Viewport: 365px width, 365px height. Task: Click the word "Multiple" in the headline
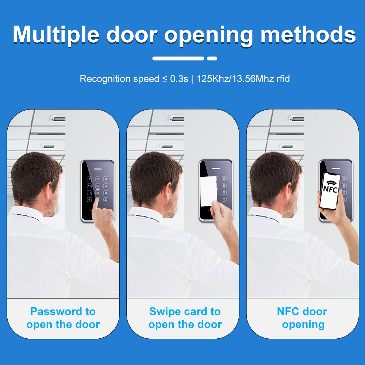click(x=56, y=35)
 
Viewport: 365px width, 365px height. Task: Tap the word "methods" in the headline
click(x=308, y=35)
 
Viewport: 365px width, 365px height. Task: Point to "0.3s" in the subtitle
click(x=179, y=79)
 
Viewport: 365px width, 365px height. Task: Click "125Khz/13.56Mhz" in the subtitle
click(x=235, y=79)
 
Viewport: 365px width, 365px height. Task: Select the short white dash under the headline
click(x=212, y=58)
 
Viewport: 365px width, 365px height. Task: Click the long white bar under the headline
click(x=178, y=58)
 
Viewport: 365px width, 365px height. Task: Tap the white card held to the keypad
click(x=208, y=191)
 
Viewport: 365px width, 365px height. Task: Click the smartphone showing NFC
click(x=330, y=191)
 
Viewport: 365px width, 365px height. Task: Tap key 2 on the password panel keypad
click(x=97, y=179)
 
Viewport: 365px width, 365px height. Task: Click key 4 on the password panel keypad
click(x=89, y=186)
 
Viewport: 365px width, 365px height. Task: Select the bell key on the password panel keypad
click(x=106, y=200)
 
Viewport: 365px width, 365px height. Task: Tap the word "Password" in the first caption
click(x=56, y=311)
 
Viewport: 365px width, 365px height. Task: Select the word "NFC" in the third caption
click(x=288, y=311)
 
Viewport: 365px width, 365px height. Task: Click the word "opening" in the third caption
click(x=303, y=325)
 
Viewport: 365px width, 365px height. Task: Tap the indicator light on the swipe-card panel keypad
click(x=216, y=169)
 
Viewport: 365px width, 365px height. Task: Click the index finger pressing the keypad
click(x=95, y=204)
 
